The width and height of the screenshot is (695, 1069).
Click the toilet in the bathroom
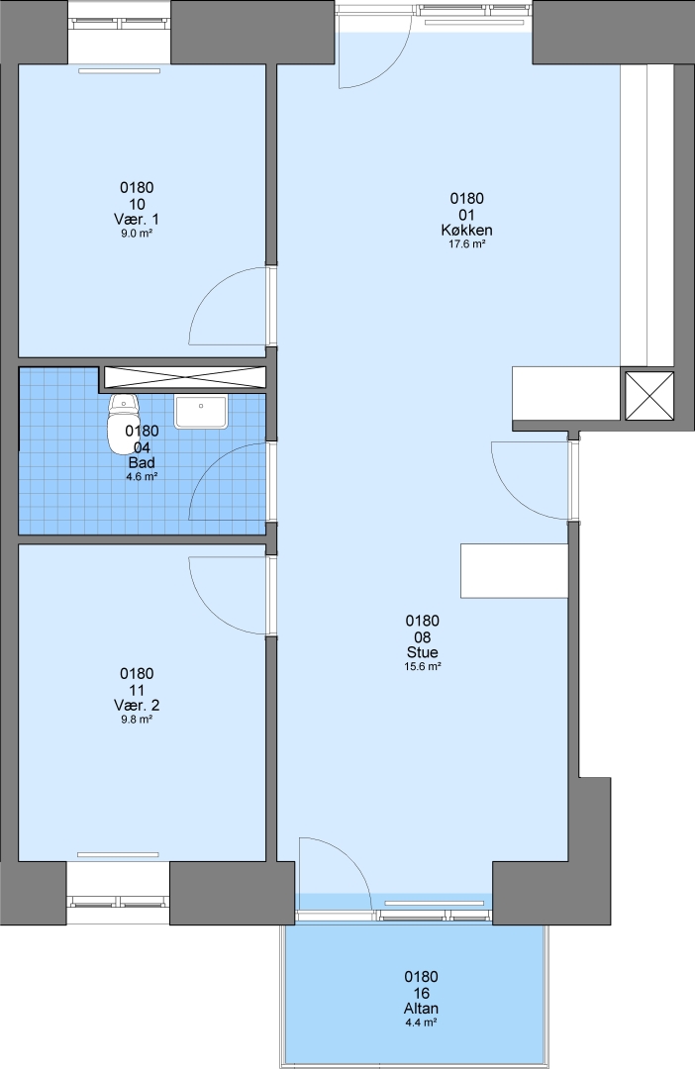pos(123,423)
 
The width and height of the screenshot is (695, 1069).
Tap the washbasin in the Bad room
pos(201,411)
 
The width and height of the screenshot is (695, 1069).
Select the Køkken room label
pos(466,230)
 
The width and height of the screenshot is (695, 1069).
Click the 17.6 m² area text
pos(466,244)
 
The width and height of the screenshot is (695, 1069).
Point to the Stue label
pos(422,652)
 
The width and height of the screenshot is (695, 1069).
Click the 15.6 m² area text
pos(422,667)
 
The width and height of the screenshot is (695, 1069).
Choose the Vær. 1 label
pos(137,219)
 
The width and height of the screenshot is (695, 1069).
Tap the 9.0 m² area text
pos(137,234)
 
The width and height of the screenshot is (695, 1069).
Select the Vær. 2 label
pos(137,705)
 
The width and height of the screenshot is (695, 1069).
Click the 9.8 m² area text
pos(137,720)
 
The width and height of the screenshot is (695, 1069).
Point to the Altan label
pos(421,1009)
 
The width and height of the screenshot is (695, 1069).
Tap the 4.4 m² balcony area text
pos(421,1022)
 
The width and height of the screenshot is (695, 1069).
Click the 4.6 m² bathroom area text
pos(142,477)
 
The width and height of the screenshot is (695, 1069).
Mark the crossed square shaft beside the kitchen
pos(648,396)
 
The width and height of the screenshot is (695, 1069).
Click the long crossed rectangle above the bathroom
pos(183,377)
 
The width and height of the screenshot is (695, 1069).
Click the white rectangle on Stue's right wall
pos(514,571)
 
